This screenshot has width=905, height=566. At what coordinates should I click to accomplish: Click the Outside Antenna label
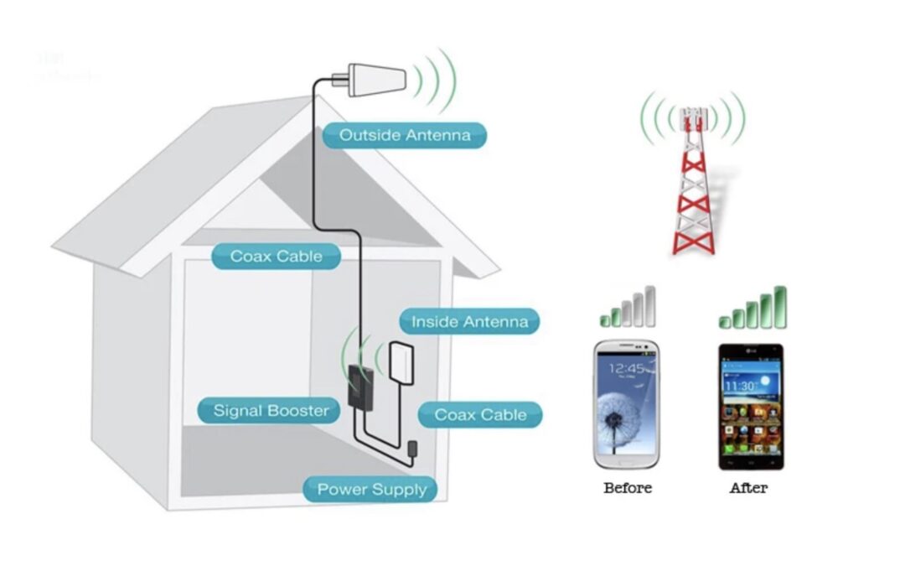click(x=405, y=135)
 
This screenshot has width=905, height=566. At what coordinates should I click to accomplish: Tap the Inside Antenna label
click(x=469, y=321)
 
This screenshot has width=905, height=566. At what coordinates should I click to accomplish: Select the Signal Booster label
click(x=271, y=410)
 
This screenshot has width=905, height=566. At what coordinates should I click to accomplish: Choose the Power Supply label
click(x=371, y=489)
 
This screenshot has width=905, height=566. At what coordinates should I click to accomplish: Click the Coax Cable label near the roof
click(x=275, y=256)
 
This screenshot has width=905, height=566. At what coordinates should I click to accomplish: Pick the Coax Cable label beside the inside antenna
click(x=480, y=414)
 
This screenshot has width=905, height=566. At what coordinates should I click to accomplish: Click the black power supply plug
click(x=413, y=449)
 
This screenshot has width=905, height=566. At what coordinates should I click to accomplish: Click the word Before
click(x=627, y=487)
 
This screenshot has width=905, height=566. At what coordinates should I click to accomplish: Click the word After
click(x=748, y=487)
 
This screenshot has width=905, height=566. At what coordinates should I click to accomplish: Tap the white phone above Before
click(x=626, y=403)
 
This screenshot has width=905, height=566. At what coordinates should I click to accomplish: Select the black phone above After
click(x=751, y=407)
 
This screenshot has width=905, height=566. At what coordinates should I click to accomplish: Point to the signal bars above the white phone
click(x=628, y=308)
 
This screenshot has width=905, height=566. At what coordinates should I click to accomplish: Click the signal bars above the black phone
click(x=753, y=308)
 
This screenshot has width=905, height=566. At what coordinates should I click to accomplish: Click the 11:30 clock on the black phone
click(x=741, y=385)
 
